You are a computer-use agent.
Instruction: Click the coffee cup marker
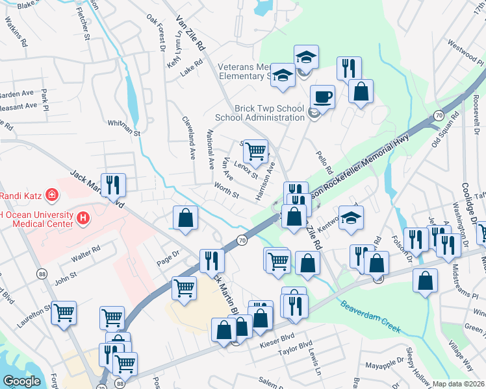(x=322, y=98)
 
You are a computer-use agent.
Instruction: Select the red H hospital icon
(x=83, y=220)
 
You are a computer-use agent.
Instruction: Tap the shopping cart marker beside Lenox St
(x=255, y=152)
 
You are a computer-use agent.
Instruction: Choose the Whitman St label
(x=123, y=123)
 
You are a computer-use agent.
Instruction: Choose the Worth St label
(x=227, y=191)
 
